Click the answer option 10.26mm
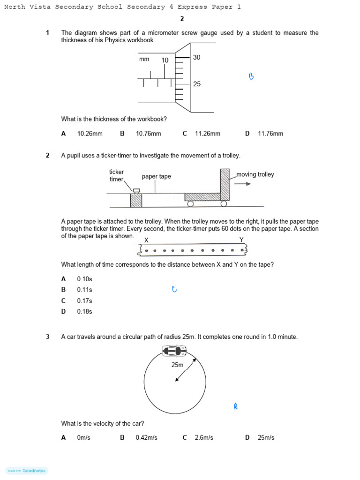coord(90,134)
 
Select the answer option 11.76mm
coord(270,134)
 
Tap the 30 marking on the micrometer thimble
coord(197,57)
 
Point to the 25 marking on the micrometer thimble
coord(197,84)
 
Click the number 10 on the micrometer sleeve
coord(165,60)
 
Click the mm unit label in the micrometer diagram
coord(144,59)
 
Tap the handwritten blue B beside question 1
coord(251,76)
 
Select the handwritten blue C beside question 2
coord(174,290)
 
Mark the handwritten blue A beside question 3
coord(236,406)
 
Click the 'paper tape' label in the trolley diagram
coord(157,177)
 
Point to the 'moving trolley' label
coord(255,174)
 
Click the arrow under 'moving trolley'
coord(242,184)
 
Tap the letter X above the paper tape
coord(146,240)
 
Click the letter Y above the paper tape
coord(241,240)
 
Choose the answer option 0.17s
coord(84,301)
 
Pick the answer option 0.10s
coord(84,279)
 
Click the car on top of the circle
coord(174,351)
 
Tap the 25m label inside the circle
coord(177,365)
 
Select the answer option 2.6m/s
coord(204,438)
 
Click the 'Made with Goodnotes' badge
coord(27,471)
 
